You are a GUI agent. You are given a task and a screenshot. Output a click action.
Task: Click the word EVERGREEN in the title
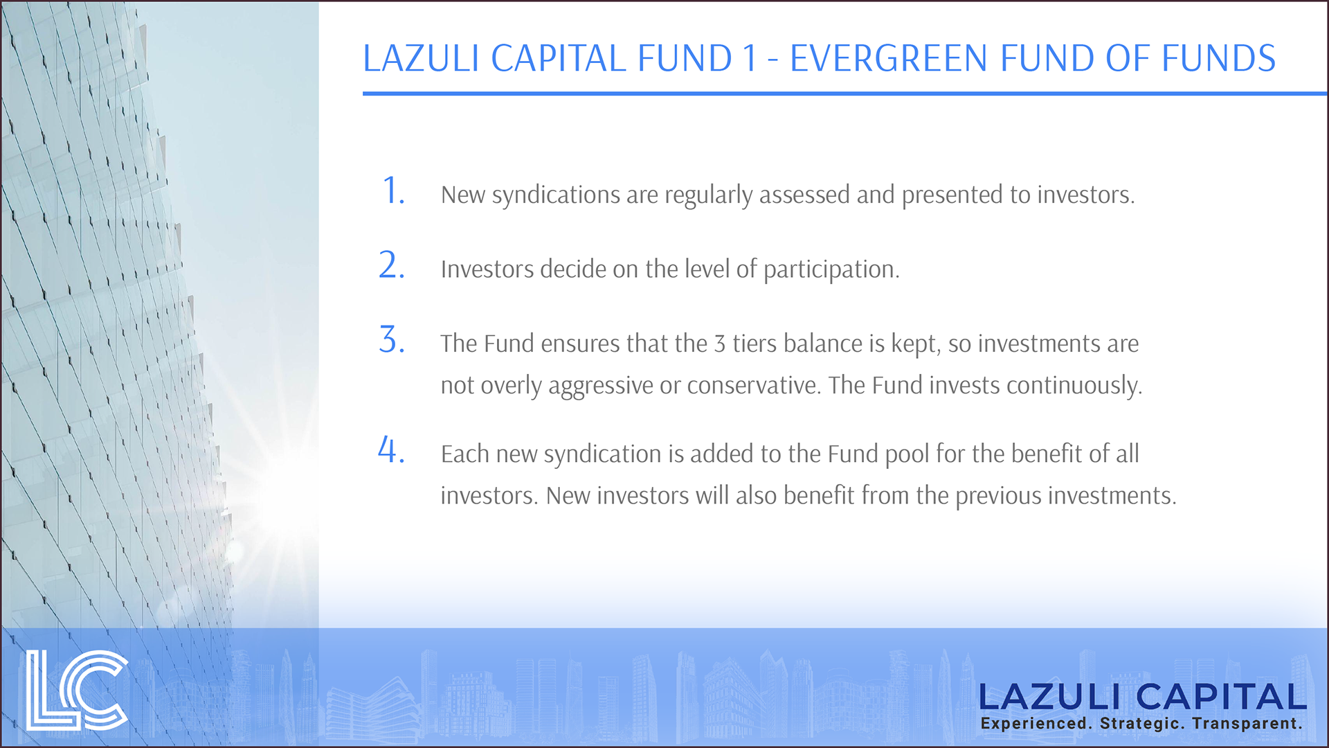(888, 58)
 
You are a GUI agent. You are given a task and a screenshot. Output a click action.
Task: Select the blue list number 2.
(391, 265)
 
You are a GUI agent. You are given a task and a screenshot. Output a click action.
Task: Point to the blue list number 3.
(391, 340)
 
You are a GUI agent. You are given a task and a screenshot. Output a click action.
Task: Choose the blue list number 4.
(391, 450)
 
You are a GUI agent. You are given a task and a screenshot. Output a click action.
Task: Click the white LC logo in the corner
(77, 691)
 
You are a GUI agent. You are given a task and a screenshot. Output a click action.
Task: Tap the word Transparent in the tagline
(1247, 724)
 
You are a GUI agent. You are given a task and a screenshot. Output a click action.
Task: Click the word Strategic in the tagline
(1143, 724)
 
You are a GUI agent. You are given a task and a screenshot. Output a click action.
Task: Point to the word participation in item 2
(831, 269)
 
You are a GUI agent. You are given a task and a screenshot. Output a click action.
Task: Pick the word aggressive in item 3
(600, 386)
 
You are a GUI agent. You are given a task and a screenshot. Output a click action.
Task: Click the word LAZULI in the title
(421, 58)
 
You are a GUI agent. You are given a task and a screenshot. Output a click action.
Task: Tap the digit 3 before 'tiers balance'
(719, 344)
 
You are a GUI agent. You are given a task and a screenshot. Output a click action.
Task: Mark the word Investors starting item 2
(487, 269)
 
